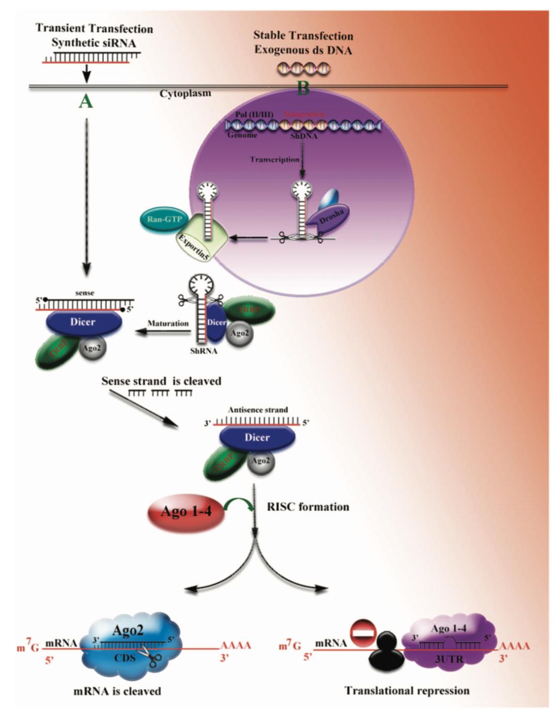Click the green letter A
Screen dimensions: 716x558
pyautogui.click(x=86, y=102)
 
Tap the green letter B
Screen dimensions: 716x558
pyautogui.click(x=303, y=88)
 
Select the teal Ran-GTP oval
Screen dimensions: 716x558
pyautogui.click(x=164, y=219)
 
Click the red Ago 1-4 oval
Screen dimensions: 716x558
pyautogui.click(x=186, y=512)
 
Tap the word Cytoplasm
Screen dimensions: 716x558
pyautogui.click(x=185, y=94)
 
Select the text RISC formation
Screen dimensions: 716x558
pyautogui.click(x=307, y=507)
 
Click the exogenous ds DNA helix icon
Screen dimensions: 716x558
pyautogui.click(x=303, y=68)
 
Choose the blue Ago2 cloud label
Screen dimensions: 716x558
pyautogui.click(x=128, y=630)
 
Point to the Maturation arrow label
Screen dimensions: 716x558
pyautogui.click(x=168, y=324)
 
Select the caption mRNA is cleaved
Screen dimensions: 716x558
pyautogui.click(x=117, y=691)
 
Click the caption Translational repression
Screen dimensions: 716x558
pyautogui.click(x=407, y=691)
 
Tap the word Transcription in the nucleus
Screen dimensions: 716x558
pyautogui.click(x=274, y=160)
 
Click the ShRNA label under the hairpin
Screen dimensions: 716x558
pyautogui.click(x=204, y=352)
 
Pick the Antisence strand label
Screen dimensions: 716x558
pyautogui.click(x=258, y=410)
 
